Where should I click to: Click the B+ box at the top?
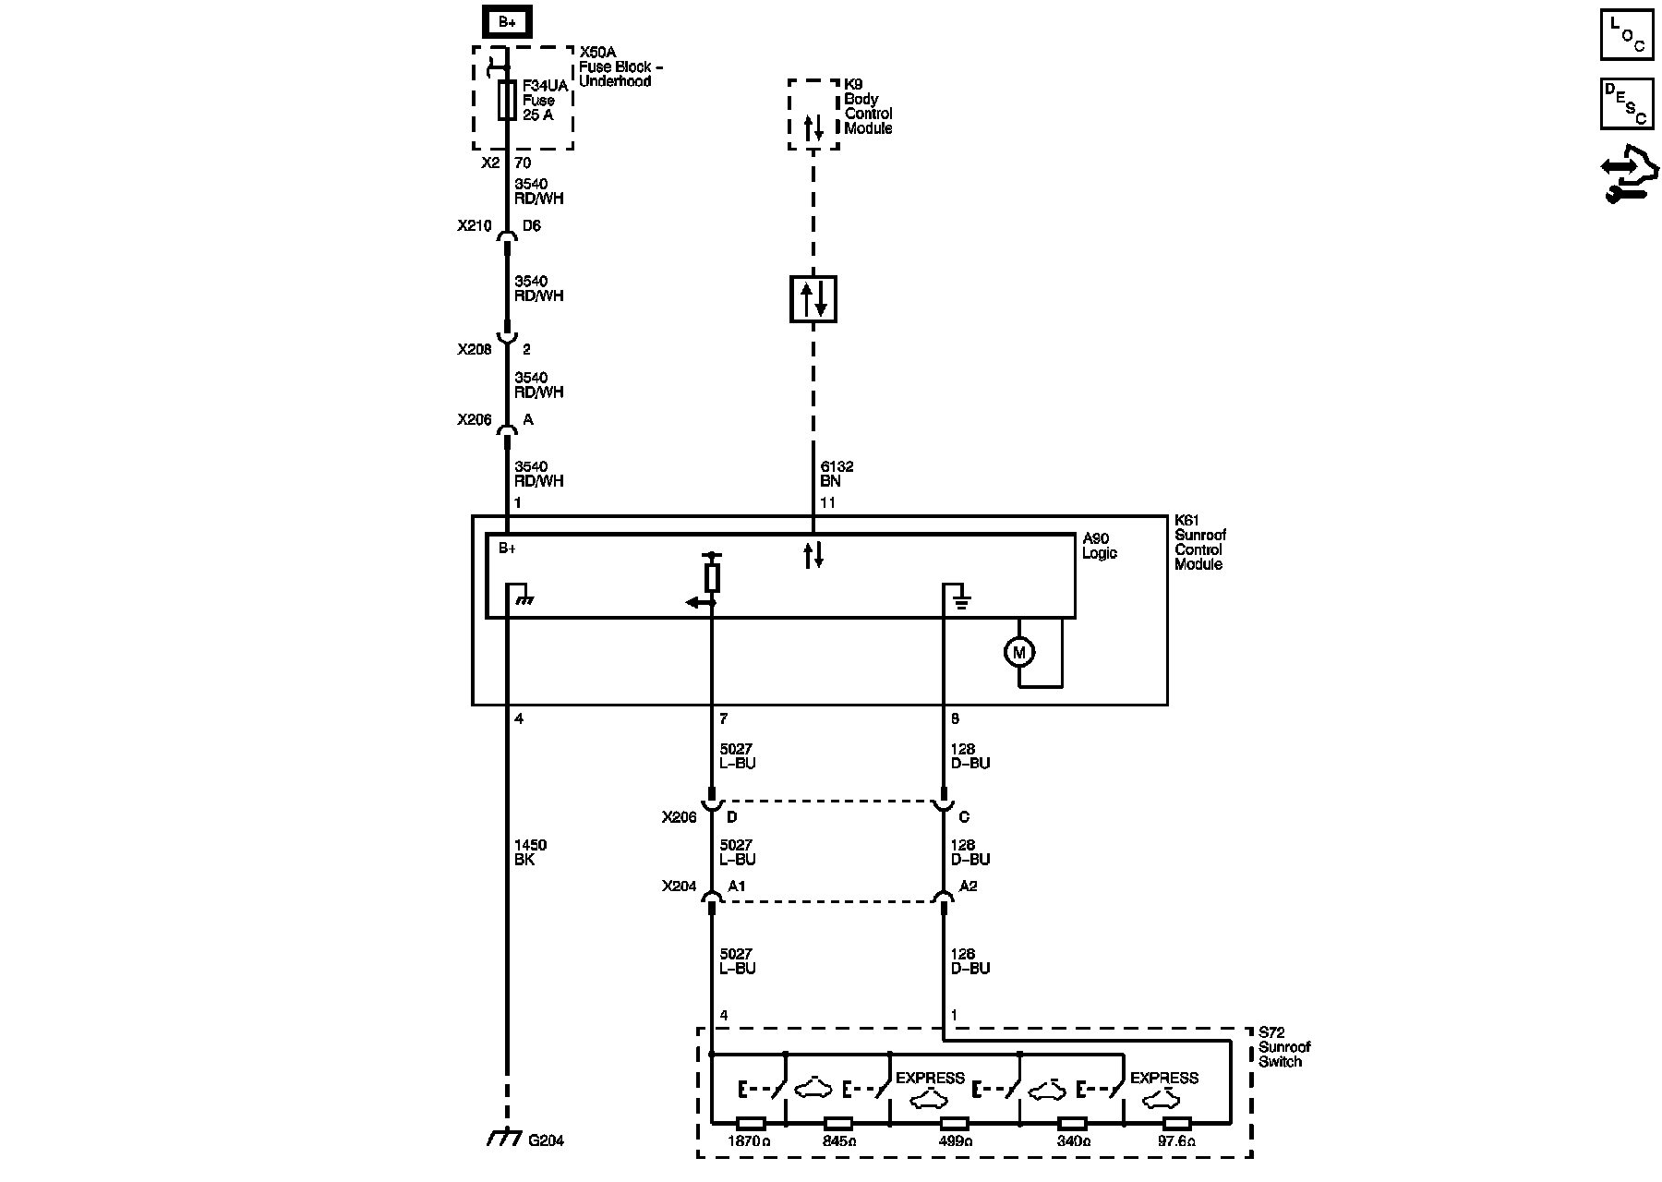pos(507,22)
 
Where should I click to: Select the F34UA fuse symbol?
pos(507,100)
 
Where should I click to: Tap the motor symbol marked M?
pos(1019,653)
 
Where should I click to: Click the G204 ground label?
pos(546,1140)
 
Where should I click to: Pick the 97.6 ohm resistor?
pos(1176,1124)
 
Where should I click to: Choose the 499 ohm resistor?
pos(954,1124)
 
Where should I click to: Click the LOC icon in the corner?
pos(1627,35)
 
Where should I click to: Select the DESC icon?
pos(1627,103)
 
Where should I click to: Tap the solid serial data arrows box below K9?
pos(813,299)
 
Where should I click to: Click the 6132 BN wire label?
pos(831,474)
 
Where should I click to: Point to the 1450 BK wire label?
pos(530,852)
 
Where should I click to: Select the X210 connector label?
pos(474,225)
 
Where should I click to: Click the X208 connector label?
pos(474,350)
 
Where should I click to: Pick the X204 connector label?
pos(679,886)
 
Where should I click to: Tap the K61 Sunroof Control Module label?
pos(1200,543)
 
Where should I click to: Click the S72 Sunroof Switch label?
pos(1284,1047)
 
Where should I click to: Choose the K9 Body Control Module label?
pos(868,106)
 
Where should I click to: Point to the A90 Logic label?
pos(1100,546)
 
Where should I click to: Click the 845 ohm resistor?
pos(837,1124)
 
